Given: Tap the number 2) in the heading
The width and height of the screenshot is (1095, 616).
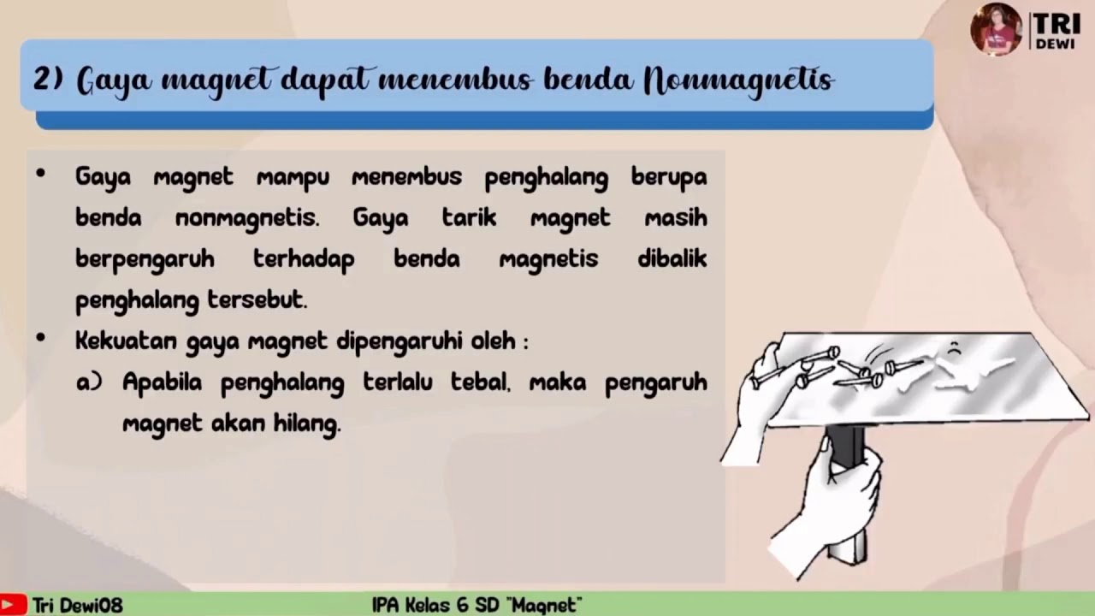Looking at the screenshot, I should point(48,80).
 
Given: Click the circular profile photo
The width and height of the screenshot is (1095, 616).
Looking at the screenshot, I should point(996,30).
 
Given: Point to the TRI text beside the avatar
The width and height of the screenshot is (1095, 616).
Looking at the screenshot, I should point(1055,23).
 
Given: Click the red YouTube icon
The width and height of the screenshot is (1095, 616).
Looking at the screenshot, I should point(14,605).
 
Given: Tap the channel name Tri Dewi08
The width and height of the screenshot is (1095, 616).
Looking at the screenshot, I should point(78,605).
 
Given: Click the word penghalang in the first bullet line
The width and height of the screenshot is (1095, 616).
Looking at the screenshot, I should point(546,178).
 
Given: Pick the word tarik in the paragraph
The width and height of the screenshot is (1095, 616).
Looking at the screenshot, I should point(469,217).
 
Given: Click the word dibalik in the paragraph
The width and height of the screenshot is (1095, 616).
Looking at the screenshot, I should point(672,258).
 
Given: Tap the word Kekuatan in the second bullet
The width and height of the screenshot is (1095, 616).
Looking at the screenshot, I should point(126,341).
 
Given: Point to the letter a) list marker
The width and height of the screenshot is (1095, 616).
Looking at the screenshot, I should point(89,382).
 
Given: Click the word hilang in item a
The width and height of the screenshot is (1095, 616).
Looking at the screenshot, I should point(306,423).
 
